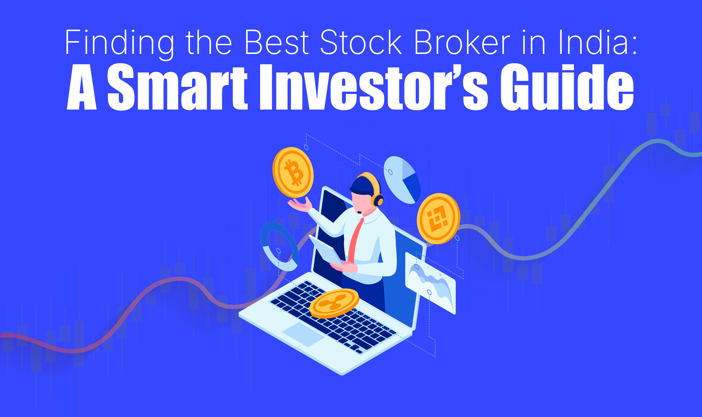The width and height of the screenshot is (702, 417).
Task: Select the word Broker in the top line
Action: [462, 42]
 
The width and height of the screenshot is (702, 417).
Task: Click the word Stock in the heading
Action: [361, 42]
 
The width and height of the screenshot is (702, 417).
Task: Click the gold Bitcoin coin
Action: [293, 172]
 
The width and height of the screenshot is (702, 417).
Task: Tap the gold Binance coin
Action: [438, 218]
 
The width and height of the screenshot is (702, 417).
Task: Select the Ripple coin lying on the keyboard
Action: [334, 303]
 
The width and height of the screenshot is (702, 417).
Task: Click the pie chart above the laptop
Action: [402, 180]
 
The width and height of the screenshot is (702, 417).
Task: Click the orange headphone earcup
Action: [378, 200]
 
